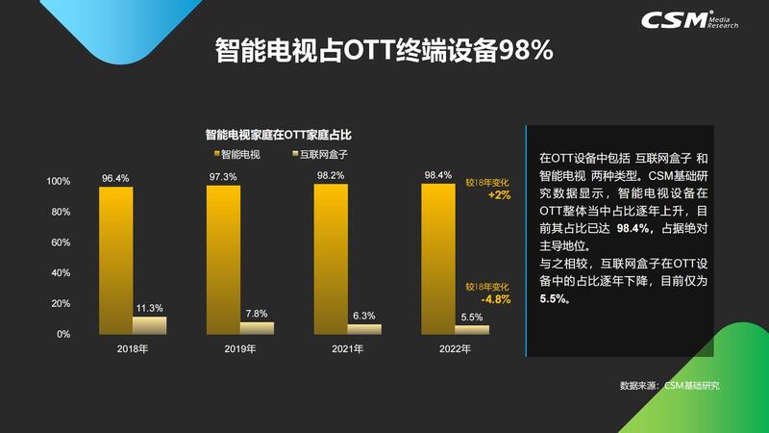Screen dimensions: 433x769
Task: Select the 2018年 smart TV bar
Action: pos(115,260)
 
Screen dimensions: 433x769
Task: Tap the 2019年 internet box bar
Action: pos(257,327)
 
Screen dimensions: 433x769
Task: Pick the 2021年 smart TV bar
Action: pos(331,260)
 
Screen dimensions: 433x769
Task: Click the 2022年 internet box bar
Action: pos(472,329)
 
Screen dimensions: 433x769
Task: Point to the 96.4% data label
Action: pos(115,177)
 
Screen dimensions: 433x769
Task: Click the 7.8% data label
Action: pos(257,314)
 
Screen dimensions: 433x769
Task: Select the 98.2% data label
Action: pos(331,176)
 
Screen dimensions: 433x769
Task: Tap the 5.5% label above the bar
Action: pos(472,318)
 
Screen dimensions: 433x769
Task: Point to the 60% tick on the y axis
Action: pos(60,242)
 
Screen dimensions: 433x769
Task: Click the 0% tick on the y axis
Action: pos(62,334)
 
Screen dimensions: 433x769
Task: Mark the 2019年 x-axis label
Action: pos(240,349)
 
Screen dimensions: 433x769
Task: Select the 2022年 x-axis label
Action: pos(455,349)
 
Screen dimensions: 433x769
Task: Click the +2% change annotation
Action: pos(499,195)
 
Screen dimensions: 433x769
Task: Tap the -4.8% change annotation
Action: pos(498,299)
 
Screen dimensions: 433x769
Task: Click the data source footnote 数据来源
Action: pos(669,386)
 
